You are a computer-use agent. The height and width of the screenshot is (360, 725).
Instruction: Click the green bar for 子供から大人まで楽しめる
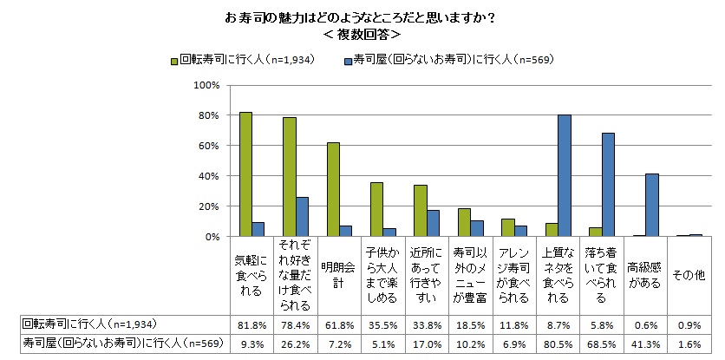[376, 209]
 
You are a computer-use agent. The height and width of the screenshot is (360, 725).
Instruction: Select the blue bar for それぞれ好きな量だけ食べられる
[302, 217]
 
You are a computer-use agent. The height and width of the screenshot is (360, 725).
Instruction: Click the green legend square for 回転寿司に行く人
[174, 61]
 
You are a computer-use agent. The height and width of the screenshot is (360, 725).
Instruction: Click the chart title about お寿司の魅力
[360, 17]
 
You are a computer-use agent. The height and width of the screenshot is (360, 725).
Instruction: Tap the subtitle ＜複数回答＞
[360, 36]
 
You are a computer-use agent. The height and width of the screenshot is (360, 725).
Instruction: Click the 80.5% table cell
[556, 344]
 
